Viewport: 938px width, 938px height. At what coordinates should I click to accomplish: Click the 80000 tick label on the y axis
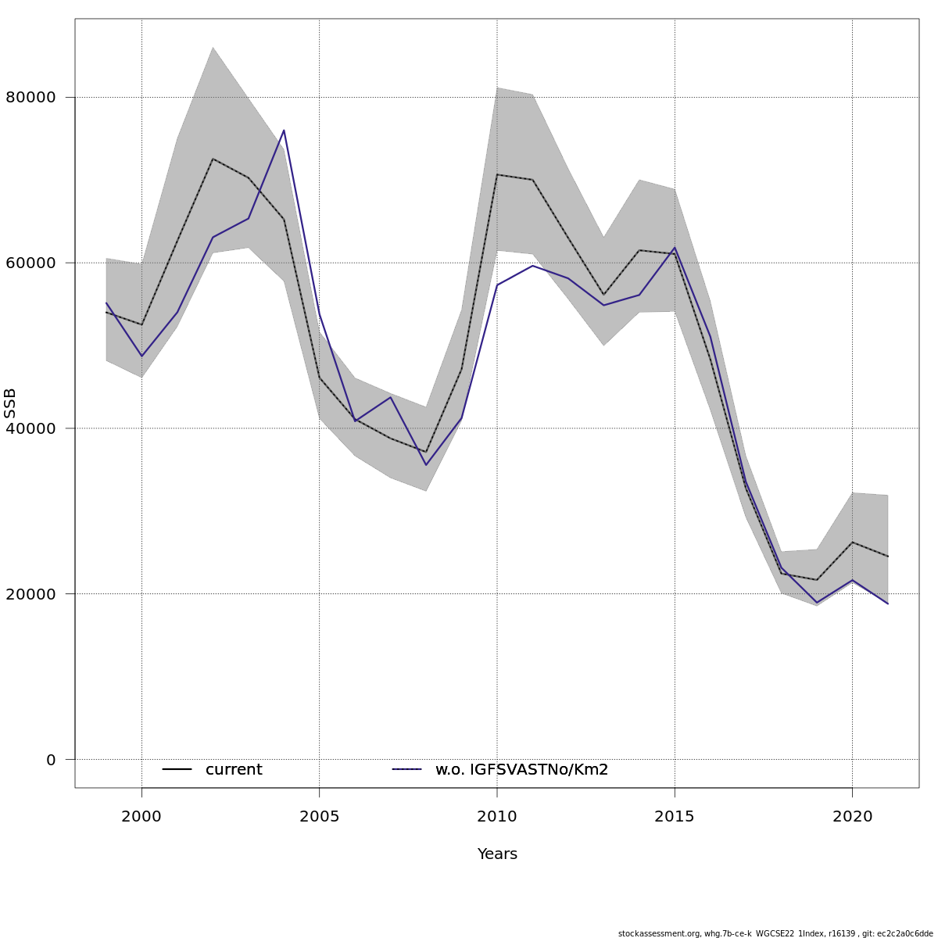pos(30,98)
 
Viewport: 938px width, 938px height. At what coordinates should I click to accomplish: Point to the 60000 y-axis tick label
pos(30,263)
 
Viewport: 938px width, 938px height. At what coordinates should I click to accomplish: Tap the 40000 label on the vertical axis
pos(30,428)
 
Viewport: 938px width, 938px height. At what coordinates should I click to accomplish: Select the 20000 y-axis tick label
pos(30,594)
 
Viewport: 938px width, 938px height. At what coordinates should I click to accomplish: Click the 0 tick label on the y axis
pos(51,760)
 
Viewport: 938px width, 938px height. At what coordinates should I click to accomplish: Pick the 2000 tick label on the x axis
pos(141,817)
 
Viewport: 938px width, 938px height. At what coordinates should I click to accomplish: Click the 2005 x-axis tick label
pos(319,817)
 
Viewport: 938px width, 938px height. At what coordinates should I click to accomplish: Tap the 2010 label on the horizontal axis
pos(497,817)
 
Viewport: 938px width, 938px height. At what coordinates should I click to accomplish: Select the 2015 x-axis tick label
pos(675,817)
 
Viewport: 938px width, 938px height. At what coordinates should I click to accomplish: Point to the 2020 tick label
pos(852,817)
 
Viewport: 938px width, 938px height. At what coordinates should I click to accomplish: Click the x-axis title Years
pos(497,854)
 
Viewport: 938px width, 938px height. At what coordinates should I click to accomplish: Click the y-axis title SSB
pos(10,403)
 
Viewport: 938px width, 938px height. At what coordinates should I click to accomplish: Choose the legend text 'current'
pos(234,770)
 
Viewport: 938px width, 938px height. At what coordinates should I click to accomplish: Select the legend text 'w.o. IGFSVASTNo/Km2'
pos(521,770)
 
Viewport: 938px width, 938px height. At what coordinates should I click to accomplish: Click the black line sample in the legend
pos(177,770)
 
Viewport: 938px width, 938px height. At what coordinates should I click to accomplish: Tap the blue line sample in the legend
pos(406,770)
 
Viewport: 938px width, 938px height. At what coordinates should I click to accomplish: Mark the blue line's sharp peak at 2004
pos(284,131)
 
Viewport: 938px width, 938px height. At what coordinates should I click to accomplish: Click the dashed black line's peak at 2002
pos(213,159)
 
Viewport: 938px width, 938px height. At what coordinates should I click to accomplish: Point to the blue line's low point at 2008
pos(426,465)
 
